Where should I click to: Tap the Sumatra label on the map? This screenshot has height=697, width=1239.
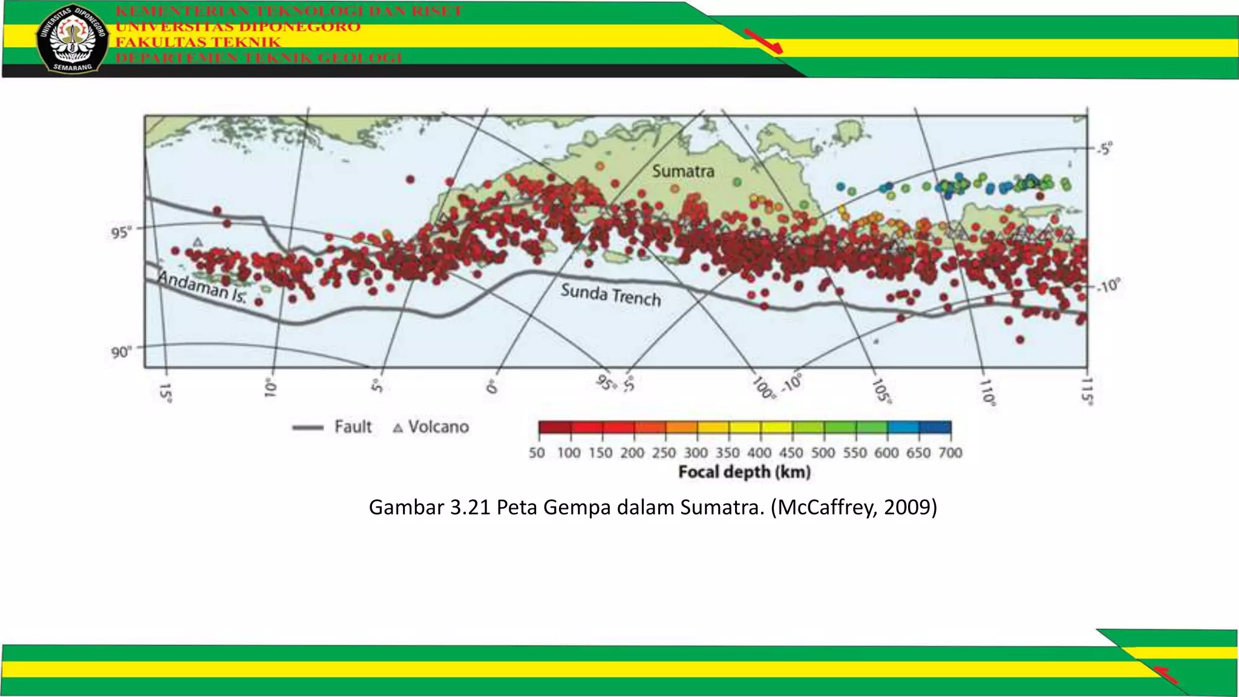(x=683, y=171)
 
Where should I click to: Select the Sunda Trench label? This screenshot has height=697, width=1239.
(x=610, y=295)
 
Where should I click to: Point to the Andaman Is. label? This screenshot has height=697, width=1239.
(x=202, y=286)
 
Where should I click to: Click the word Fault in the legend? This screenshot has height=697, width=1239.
(x=353, y=427)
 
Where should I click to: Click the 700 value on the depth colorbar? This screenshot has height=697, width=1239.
(x=950, y=453)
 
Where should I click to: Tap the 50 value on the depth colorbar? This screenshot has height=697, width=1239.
(x=537, y=453)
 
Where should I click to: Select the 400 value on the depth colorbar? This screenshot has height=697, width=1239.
(x=759, y=453)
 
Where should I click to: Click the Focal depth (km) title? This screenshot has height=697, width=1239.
(x=744, y=472)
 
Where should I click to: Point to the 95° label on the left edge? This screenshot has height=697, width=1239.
(x=121, y=233)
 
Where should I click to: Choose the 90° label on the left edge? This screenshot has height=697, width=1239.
(x=121, y=352)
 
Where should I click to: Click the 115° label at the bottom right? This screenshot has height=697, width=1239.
(x=1087, y=391)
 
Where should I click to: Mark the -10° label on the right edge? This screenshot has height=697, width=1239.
(x=1108, y=286)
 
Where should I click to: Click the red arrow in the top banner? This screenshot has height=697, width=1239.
(x=763, y=41)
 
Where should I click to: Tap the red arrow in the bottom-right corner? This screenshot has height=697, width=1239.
(x=1165, y=675)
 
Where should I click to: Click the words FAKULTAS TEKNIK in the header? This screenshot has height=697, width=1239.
(x=198, y=42)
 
